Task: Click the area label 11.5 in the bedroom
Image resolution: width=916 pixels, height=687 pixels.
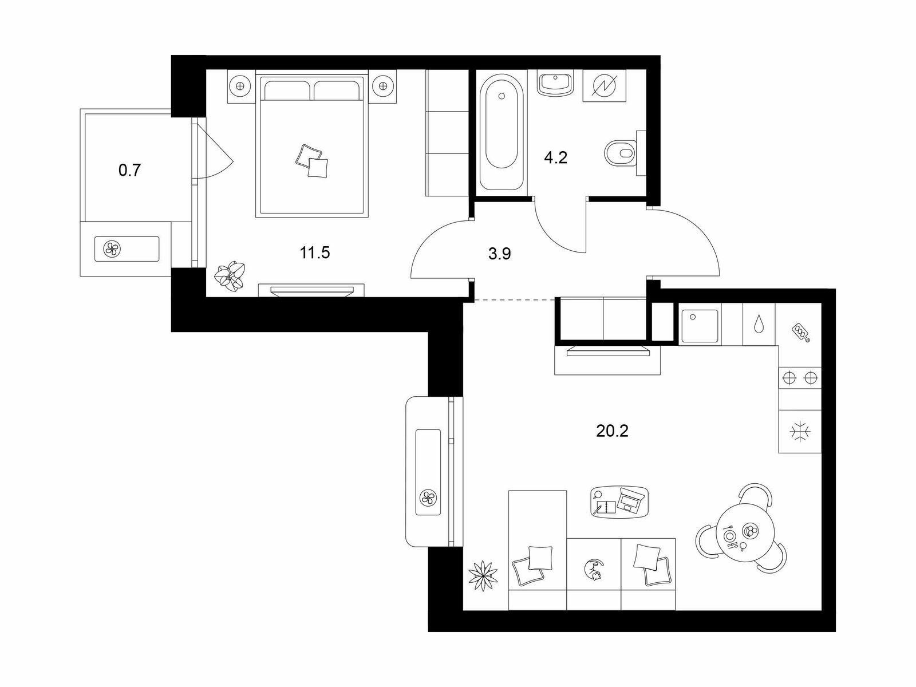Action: [x=315, y=253]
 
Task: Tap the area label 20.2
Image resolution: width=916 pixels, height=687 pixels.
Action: [x=612, y=431]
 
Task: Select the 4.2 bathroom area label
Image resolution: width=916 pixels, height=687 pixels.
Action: [x=556, y=157]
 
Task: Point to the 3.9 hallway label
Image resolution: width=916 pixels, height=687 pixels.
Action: [x=500, y=254]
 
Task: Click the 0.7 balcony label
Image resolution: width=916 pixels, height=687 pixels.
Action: [x=130, y=170]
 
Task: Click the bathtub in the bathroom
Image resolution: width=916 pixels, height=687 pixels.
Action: [x=502, y=132]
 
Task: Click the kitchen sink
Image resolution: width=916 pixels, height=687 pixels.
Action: [x=700, y=326]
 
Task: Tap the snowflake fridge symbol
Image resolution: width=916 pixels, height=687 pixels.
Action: [x=800, y=431]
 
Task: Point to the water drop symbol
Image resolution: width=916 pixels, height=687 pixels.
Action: [x=759, y=325]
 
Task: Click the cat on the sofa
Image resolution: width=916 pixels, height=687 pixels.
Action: [x=594, y=570]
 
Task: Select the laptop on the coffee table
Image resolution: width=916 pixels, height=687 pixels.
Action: [x=630, y=500]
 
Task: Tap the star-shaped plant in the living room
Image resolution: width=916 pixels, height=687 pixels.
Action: [x=483, y=576]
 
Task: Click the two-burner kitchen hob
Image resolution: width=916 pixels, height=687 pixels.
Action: [x=800, y=377]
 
